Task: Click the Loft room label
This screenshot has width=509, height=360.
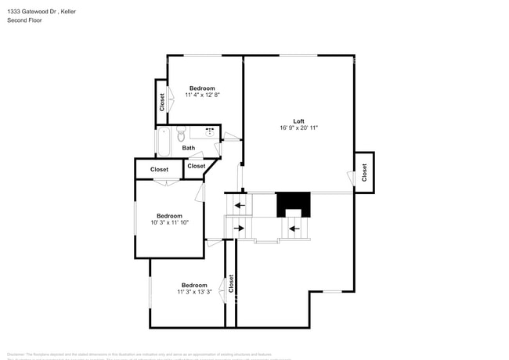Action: click(298, 121)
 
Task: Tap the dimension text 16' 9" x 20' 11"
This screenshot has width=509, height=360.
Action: click(298, 128)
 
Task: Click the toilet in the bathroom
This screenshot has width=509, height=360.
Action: click(180, 133)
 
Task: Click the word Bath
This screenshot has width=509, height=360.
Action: click(189, 148)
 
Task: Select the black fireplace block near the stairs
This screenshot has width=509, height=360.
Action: click(293, 203)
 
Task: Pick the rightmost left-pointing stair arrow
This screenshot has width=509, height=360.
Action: click(295, 229)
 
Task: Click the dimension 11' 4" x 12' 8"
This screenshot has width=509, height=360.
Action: click(202, 95)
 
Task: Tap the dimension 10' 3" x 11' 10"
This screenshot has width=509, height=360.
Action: click(169, 223)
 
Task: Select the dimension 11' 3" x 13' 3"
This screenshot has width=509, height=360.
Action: click(194, 292)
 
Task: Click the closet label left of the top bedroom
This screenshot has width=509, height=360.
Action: click(162, 103)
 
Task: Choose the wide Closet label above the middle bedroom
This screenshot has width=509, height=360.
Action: click(159, 169)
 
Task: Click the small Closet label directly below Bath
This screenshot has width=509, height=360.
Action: click(197, 166)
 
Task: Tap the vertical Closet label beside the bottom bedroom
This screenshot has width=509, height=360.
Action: click(231, 283)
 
